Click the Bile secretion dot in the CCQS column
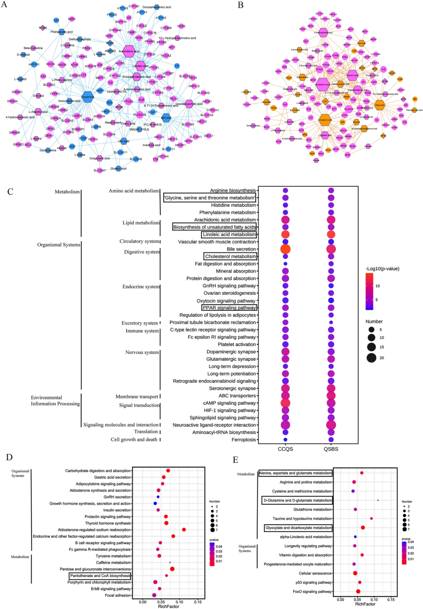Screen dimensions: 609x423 coord(286,250)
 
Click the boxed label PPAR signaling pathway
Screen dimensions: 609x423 coord(229,307)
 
